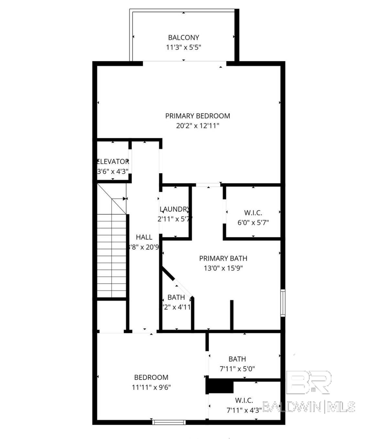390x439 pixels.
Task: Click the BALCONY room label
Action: tap(183, 37)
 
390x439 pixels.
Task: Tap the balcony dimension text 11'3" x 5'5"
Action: tap(183, 48)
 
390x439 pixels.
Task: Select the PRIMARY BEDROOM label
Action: tap(198, 116)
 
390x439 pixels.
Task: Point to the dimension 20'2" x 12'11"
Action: tap(198, 126)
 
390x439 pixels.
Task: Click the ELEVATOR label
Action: tap(113, 162)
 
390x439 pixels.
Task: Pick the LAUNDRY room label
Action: tap(174, 209)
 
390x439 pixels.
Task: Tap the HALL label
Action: tap(144, 237)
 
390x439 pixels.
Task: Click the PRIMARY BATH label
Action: tap(223, 258)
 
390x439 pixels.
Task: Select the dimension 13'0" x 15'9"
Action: tap(223, 268)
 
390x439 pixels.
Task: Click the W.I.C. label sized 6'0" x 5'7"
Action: tap(253, 213)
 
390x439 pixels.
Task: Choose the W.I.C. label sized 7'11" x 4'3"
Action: tap(244, 401)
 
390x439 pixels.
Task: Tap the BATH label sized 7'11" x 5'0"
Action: tap(237, 359)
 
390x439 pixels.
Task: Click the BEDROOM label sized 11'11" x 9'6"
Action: tap(151, 377)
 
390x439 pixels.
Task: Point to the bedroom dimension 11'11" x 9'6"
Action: tap(151, 387)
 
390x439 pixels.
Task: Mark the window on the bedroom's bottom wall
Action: tap(169, 422)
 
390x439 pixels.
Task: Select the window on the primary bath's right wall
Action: tap(283, 303)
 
